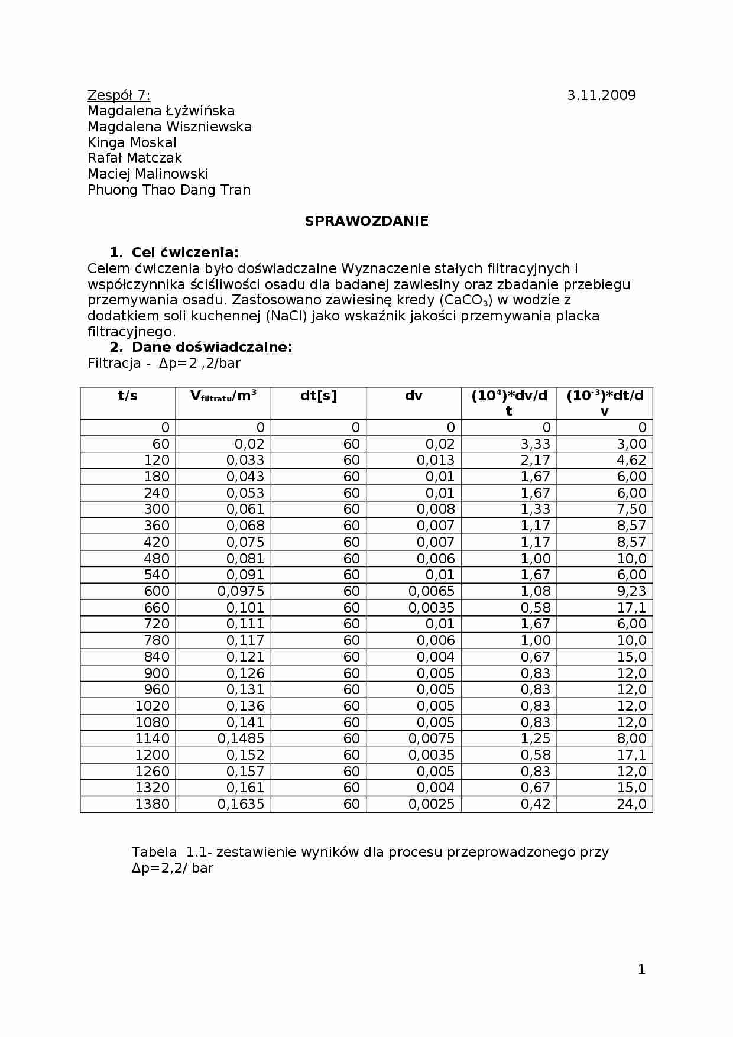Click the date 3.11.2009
tap(601, 95)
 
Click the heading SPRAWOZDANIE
tap(367, 221)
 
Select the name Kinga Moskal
tap(132, 142)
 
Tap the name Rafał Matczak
tap(135, 158)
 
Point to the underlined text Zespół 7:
tap(119, 95)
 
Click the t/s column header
tap(128, 396)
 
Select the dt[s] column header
tap(319, 396)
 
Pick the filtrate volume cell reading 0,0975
tap(241, 591)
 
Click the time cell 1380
tap(152, 804)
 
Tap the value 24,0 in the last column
tap(631, 804)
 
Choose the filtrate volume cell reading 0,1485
tap(241, 738)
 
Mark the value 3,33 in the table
tap(535, 444)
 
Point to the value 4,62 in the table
tap(631, 460)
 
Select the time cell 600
tap(157, 591)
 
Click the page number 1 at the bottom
tap(641, 970)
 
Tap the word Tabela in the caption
tap(154, 852)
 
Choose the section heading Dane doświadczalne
tap(212, 347)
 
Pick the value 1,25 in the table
tap(535, 738)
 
